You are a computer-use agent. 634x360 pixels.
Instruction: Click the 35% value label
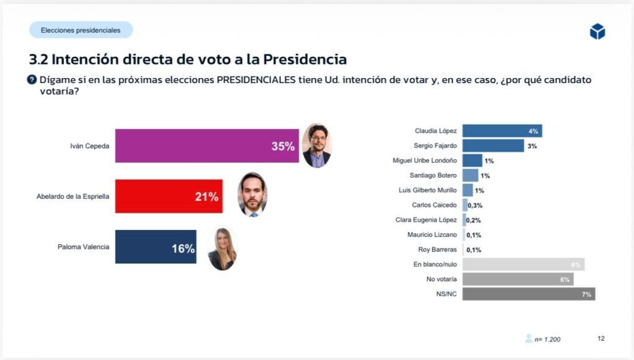(283, 147)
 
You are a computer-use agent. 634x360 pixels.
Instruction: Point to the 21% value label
(207, 197)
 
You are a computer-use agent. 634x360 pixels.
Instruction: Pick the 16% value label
(183, 248)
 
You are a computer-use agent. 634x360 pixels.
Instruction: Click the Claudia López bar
(502, 131)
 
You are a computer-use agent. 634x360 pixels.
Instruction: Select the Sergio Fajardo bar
(493, 146)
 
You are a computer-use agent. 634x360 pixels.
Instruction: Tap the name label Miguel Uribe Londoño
(425, 160)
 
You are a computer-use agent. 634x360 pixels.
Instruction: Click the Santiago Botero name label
(433, 175)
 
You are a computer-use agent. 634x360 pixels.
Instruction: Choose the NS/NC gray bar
(528, 294)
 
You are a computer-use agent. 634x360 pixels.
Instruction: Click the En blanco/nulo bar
(523, 265)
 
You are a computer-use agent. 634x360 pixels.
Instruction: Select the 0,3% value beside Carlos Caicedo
(475, 205)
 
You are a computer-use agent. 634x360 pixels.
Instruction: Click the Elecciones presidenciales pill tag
(80, 30)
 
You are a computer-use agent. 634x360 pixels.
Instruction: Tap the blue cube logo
(597, 31)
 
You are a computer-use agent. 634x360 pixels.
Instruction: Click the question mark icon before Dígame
(32, 80)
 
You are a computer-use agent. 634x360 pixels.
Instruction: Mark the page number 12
(601, 338)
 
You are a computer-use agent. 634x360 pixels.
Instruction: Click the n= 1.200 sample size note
(547, 339)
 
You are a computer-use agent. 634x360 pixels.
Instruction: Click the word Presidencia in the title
(305, 59)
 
